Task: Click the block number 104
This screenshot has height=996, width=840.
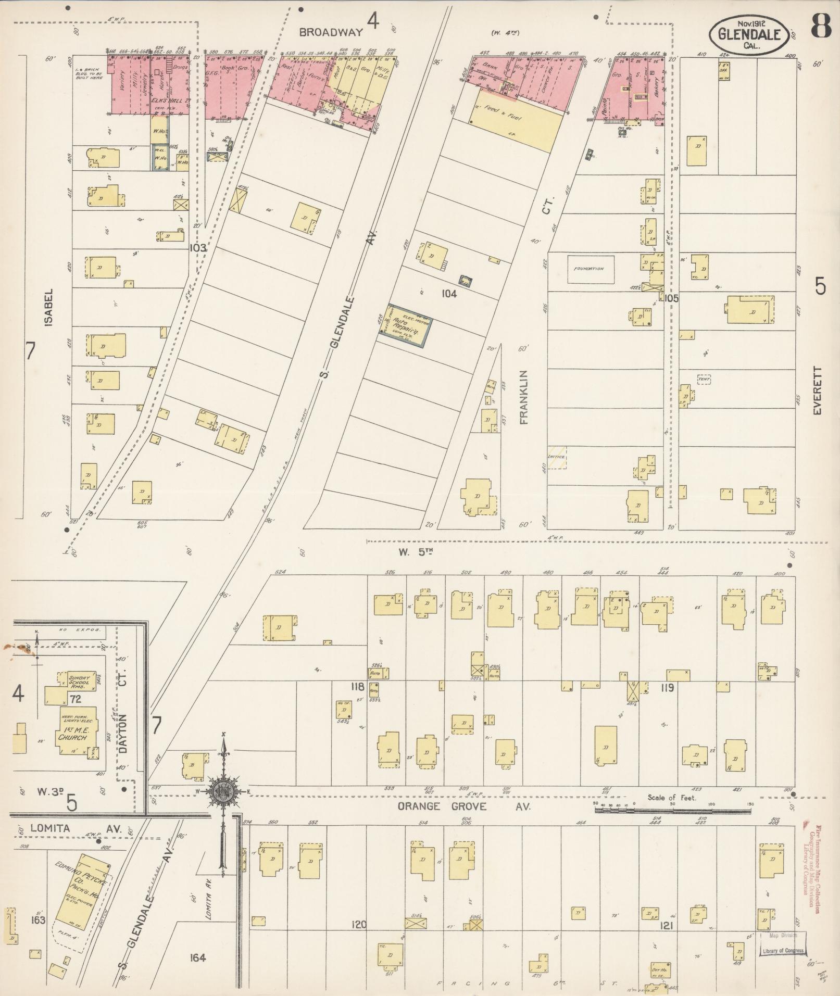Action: pos(448,294)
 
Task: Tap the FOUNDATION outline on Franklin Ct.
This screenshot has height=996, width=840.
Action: pos(590,269)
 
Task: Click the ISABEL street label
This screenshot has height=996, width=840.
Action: pos(49,307)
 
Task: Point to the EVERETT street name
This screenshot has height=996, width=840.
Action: pos(818,390)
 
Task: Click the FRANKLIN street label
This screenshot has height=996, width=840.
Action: pos(523,397)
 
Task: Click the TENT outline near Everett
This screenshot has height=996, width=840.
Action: pos(704,380)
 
